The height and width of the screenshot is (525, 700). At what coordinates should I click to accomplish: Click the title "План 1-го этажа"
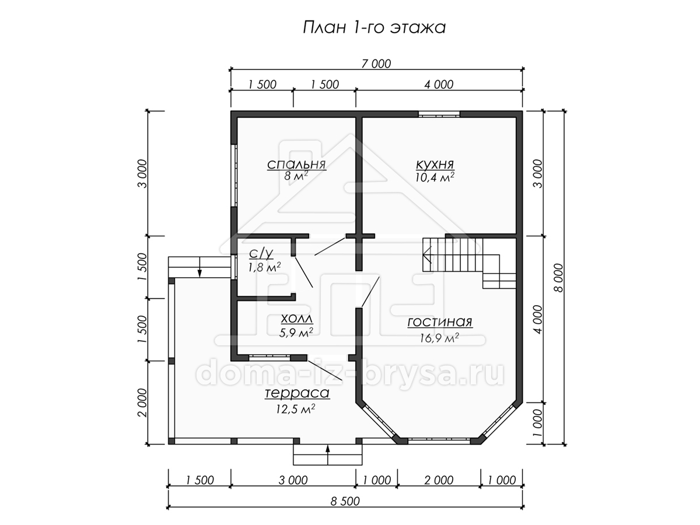pos(374,27)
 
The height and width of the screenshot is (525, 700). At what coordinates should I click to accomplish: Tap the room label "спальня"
pos(296,164)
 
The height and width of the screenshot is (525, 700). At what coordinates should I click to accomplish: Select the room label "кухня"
pos(435,164)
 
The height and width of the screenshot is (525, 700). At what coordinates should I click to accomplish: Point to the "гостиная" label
pos(440,322)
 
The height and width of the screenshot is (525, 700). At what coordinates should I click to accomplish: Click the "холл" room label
pos(296,318)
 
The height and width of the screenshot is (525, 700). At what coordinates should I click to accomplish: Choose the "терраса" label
pos(297,393)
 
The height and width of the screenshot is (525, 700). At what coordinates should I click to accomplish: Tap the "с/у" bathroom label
pos(261,253)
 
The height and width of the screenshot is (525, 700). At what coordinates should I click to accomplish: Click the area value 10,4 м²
pos(435,177)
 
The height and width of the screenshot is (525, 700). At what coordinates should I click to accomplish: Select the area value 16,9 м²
pos(439,338)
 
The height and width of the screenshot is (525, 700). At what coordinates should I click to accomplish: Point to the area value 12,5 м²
pos(296,409)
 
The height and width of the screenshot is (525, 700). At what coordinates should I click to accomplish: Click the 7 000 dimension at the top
pos(376,64)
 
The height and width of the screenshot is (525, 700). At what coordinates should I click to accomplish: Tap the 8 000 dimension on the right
pos(558,278)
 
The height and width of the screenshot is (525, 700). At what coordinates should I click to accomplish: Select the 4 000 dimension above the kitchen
pos(439,85)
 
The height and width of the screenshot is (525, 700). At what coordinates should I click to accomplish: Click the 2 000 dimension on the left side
pos(142,402)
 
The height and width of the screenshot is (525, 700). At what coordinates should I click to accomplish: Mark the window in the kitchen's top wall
pos(439,114)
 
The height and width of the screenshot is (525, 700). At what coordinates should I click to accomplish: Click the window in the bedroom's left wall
pos(235,176)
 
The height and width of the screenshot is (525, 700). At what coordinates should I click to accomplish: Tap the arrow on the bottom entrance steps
pos(327,454)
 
